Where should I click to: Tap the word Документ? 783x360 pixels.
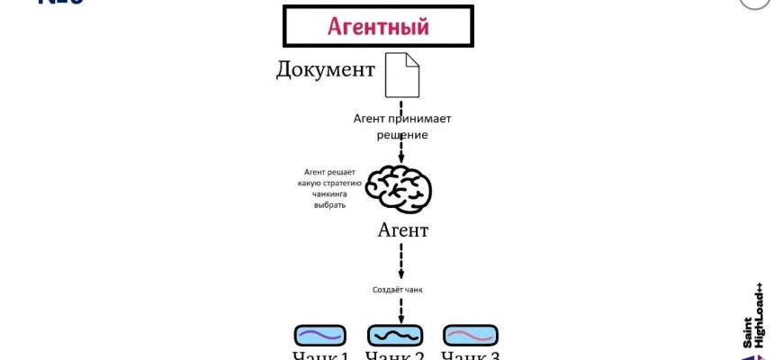click(325, 70)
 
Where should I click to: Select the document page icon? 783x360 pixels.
click(402, 75)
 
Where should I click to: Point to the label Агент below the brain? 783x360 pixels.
click(403, 230)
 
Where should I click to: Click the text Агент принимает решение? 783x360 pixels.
click(401, 126)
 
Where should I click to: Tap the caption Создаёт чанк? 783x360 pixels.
click(397, 290)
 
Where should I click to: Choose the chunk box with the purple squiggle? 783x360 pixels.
click(320, 336)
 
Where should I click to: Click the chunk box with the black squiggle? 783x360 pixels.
click(395, 336)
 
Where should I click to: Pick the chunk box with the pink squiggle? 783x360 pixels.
click(470, 336)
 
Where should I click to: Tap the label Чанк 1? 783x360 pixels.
click(320, 355)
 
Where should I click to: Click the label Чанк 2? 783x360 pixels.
click(395, 355)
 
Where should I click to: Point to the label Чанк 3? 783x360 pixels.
click(470, 355)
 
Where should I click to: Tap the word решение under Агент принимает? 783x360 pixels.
click(401, 135)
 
